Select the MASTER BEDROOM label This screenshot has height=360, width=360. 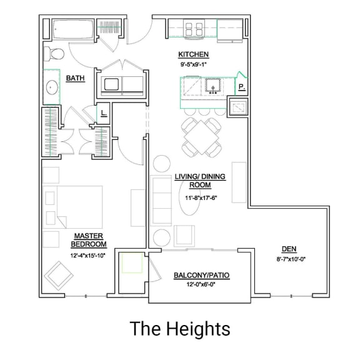pos(89,240)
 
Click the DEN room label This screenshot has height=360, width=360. pos(289,249)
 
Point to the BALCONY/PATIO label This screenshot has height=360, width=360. pos(192,275)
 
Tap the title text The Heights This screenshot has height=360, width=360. pos(180,328)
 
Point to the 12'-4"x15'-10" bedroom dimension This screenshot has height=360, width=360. pos(88,256)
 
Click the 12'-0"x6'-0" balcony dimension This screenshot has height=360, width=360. pos(192,285)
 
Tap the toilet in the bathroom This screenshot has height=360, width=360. pos(52,53)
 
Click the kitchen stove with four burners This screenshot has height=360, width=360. pos(194,28)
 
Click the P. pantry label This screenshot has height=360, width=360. pos(240,88)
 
